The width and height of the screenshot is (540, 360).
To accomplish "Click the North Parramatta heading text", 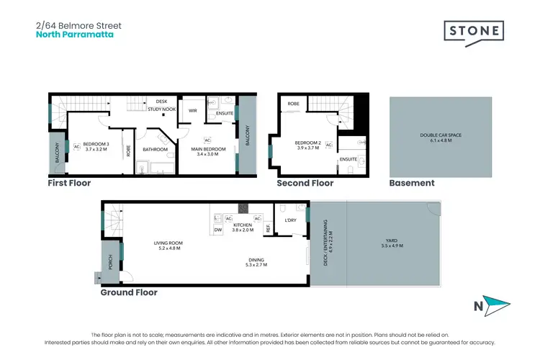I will pos(74,34).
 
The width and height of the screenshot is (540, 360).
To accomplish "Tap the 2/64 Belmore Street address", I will pos(78,24).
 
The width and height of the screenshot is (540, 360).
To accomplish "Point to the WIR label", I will pos(192,111).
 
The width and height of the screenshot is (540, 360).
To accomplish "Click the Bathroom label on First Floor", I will pos(155,149).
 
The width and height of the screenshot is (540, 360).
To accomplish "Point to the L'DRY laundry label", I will pos(291,220).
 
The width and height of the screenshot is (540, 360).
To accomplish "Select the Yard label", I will pos(393,245).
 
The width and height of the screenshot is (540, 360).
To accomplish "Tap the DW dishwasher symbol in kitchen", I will pos(217,230).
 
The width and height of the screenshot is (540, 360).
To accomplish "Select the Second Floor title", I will pos(305,184).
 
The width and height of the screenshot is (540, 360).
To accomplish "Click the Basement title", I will pos(412,184).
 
